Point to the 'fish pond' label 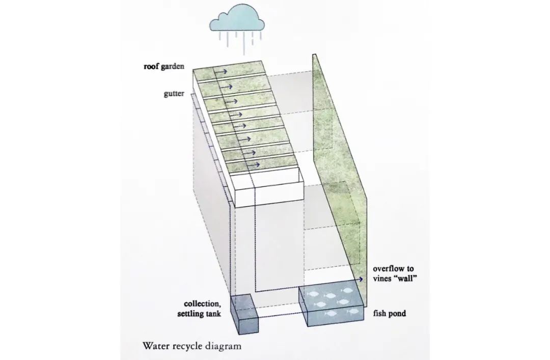(390, 314)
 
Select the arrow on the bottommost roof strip (253, 164)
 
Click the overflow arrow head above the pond (361, 280)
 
